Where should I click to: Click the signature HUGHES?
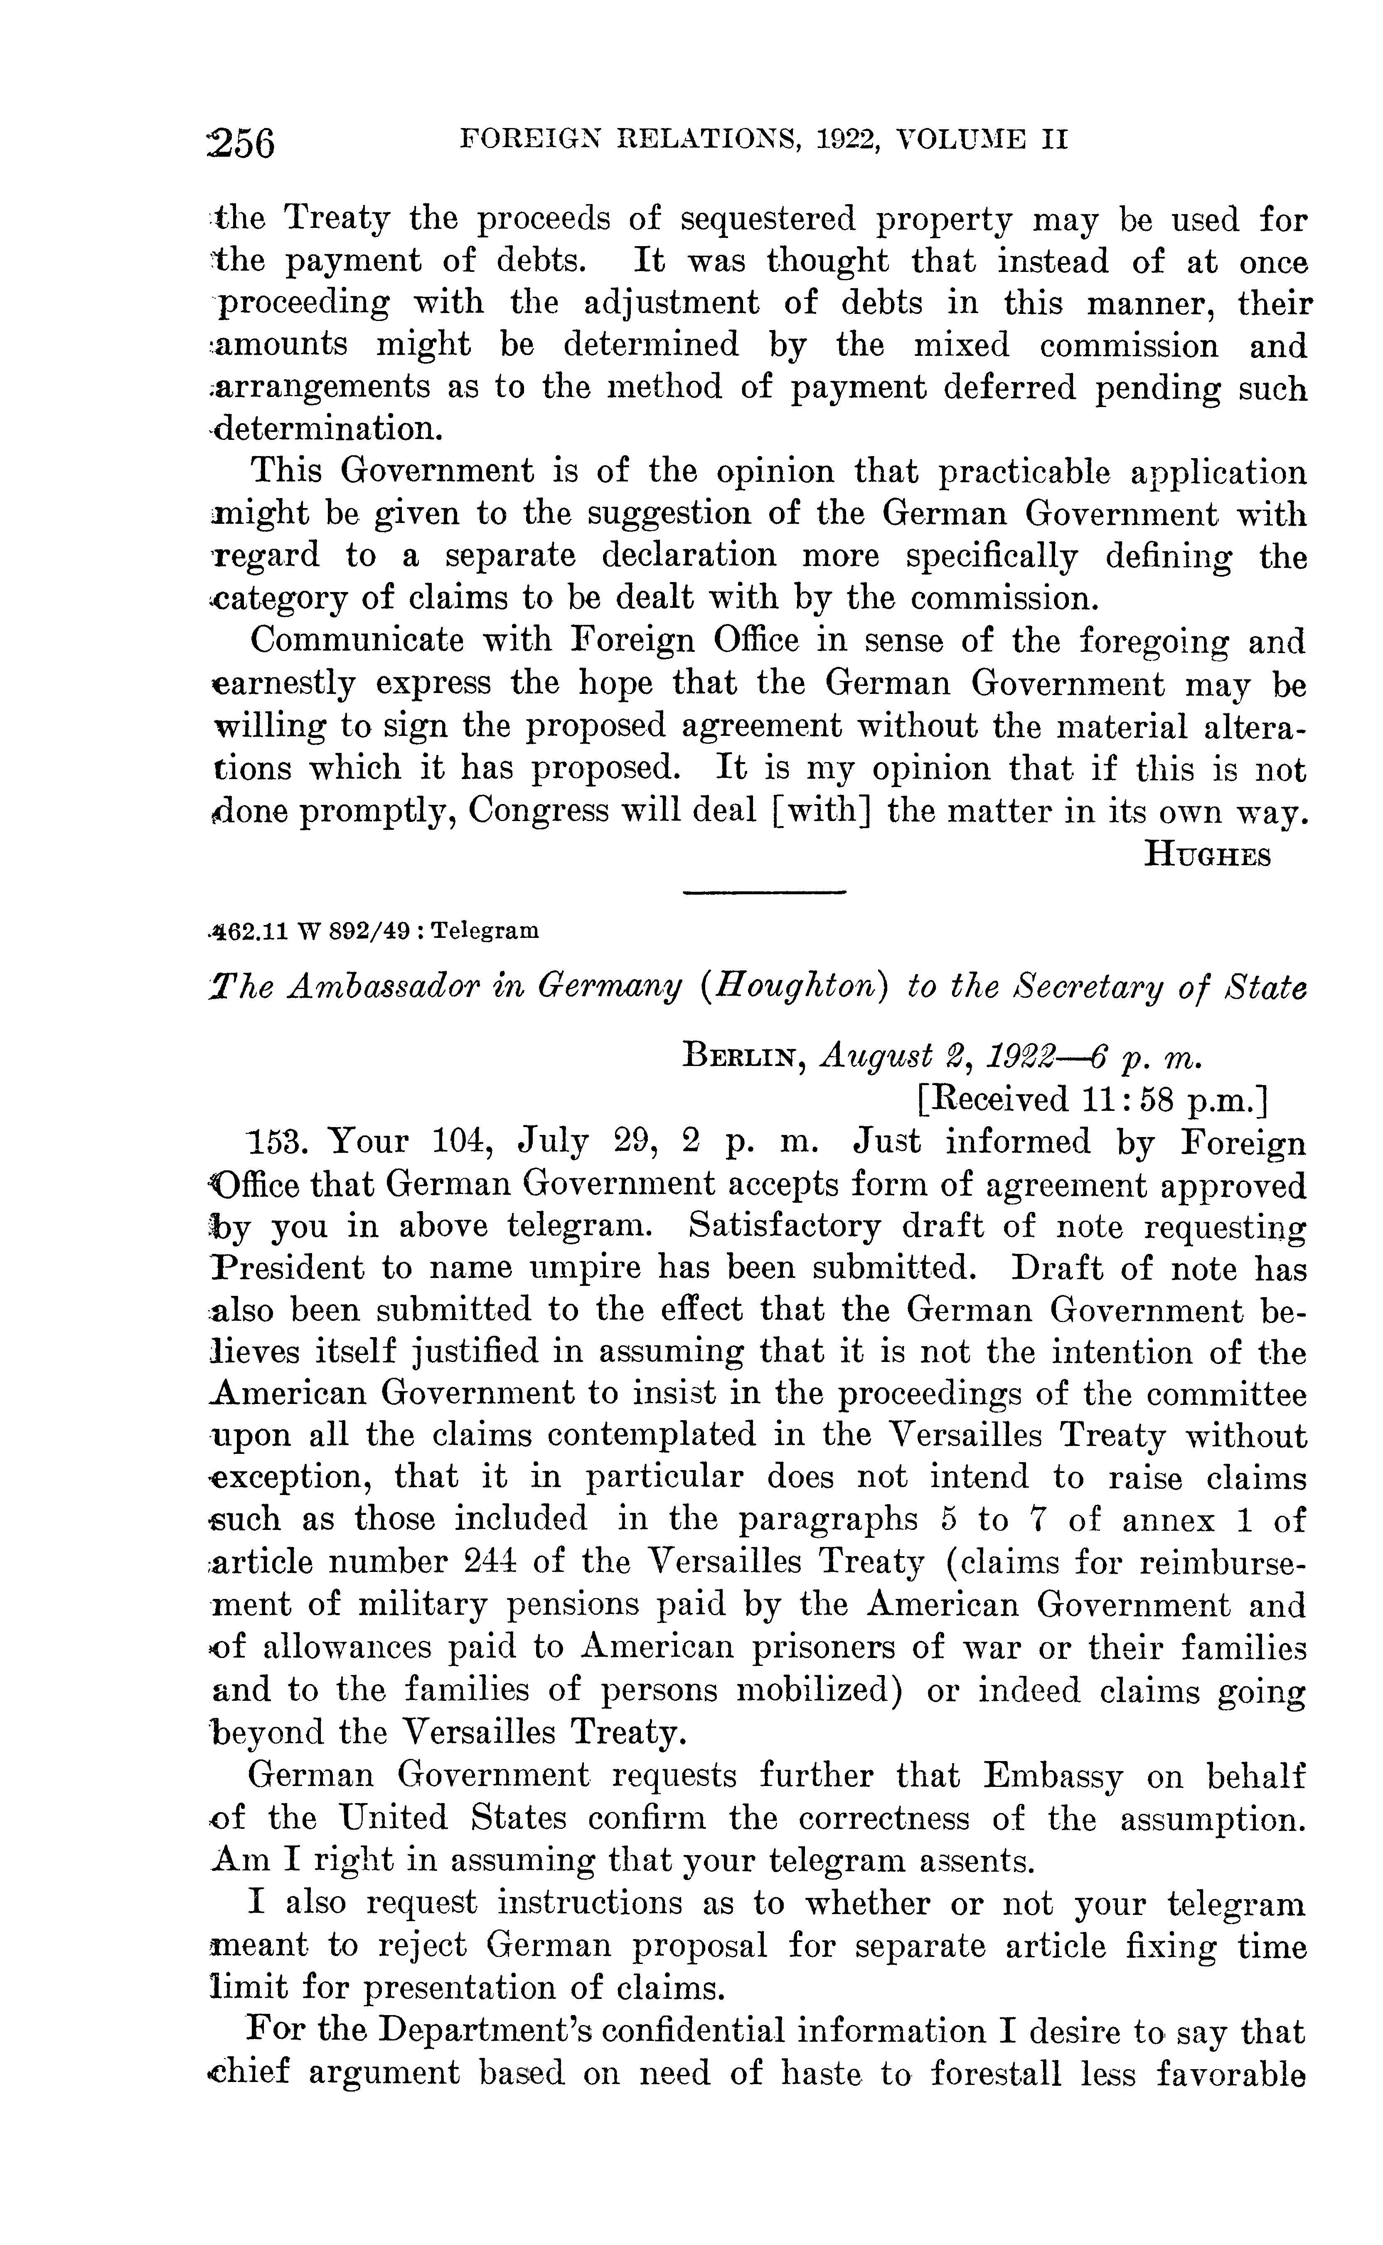coord(1207,855)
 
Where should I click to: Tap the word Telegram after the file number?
coord(485,931)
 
